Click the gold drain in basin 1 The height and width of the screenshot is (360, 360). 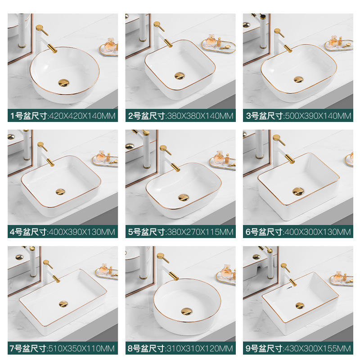[63, 83]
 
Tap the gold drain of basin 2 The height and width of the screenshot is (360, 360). [180, 76]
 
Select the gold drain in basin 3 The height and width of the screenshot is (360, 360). [298, 80]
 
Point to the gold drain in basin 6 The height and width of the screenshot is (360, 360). [298, 191]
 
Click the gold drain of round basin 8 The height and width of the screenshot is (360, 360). [186, 311]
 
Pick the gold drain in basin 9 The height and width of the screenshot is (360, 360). [300, 306]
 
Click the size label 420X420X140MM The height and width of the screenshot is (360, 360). [82, 116]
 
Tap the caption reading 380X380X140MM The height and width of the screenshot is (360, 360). [200, 116]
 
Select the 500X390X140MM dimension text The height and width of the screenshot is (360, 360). [318, 116]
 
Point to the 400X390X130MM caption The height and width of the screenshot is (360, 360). [82, 232]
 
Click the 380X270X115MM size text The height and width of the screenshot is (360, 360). [200, 232]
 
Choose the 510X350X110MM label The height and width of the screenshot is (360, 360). [81, 348]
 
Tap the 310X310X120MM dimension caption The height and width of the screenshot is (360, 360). [200, 348]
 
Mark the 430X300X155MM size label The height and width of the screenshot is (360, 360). [318, 348]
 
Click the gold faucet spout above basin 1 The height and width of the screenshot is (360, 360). [52, 48]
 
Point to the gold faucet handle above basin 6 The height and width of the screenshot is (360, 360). [279, 139]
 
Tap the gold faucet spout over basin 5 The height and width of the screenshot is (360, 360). [175, 167]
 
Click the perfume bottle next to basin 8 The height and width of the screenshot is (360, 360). [226, 272]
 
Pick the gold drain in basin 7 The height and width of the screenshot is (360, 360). [63, 304]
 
